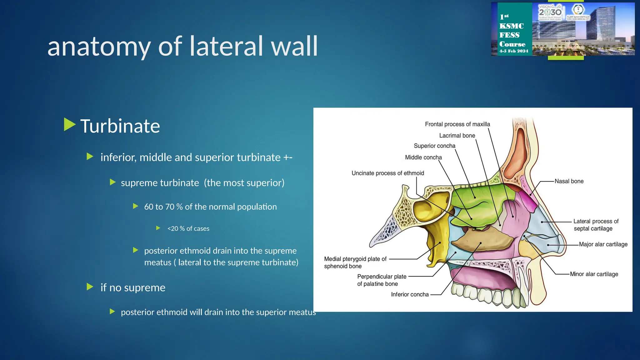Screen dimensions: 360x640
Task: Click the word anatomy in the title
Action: coord(99,47)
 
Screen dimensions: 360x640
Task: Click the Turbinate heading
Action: coord(120,126)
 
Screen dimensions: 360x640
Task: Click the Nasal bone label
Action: coord(569,181)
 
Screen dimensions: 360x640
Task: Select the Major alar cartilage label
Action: coord(603,244)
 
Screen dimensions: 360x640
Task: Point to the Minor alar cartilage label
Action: coord(594,274)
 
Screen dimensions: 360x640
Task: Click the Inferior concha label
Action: coord(410,294)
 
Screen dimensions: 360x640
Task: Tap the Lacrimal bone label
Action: coord(457,136)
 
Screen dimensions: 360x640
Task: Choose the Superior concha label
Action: coord(434,146)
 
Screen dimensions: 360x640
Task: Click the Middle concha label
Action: coord(423,157)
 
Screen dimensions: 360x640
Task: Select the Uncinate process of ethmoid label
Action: coord(387,173)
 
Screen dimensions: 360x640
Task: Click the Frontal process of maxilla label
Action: coord(457,124)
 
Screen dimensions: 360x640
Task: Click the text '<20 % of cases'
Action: coord(188,229)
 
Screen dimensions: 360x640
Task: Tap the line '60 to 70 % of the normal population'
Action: coord(210,207)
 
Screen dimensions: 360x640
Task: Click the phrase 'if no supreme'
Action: coord(133,287)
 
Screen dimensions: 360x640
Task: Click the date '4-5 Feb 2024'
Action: coord(513,51)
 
